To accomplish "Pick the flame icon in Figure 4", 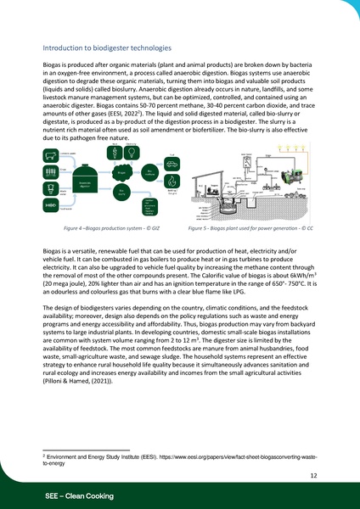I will tap(172, 181).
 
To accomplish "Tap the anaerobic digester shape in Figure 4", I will tap(85, 181).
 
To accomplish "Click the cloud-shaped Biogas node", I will tap(121, 173).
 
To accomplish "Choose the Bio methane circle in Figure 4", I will tap(149, 171).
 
